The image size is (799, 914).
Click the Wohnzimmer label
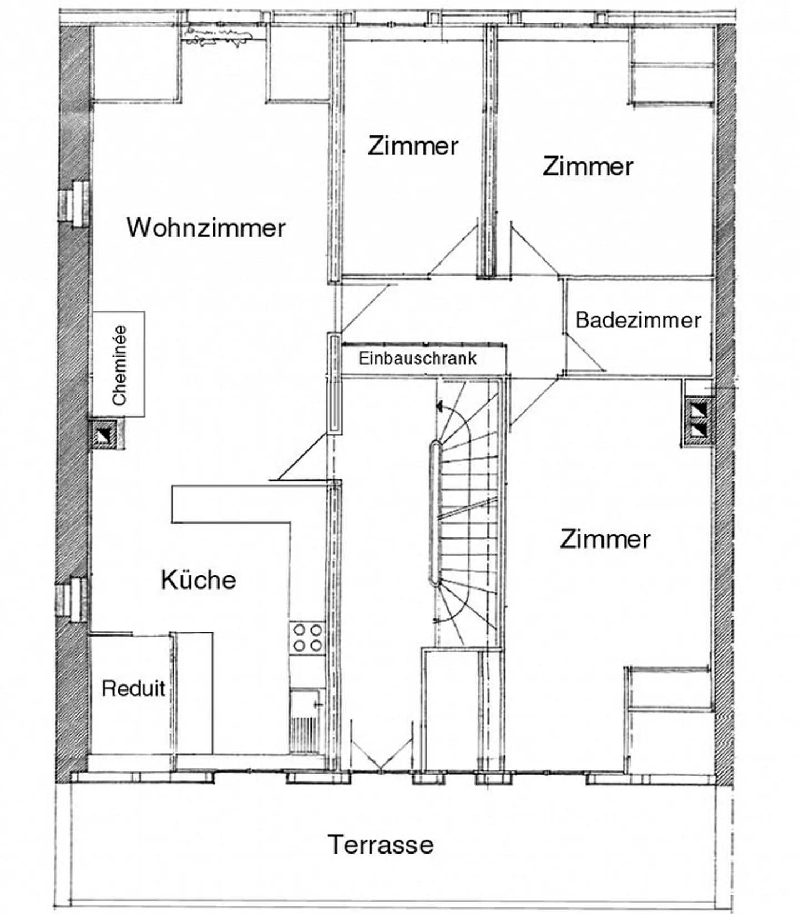[x=206, y=227]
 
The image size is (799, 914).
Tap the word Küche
[x=198, y=580]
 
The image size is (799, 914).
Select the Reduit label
[x=133, y=688]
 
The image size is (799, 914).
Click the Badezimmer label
[x=638, y=320]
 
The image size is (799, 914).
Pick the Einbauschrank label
[x=417, y=358]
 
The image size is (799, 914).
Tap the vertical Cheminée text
[x=119, y=364]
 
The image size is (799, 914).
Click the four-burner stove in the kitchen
[x=307, y=637]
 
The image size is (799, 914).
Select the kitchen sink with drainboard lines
[x=307, y=721]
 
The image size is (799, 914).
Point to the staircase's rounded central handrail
[x=434, y=513]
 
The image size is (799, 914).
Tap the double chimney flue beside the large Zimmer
[x=699, y=419]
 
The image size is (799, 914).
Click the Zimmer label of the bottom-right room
[x=605, y=539]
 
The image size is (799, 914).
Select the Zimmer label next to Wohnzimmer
[x=413, y=146]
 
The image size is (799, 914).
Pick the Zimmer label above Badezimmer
[x=588, y=166]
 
